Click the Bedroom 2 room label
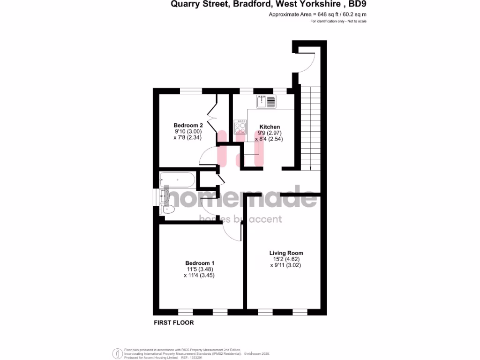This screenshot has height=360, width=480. tap(188, 125)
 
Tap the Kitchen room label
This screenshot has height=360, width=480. tap(270, 127)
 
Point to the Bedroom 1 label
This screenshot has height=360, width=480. tap(200, 263)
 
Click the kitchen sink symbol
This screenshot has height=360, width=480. tap(266, 101)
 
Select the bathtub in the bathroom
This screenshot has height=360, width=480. tap(177, 180)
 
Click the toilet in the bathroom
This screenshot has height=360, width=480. tap(166, 209)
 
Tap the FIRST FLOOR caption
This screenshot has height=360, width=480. tap(174, 322)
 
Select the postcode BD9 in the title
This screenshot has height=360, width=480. tap(357, 5)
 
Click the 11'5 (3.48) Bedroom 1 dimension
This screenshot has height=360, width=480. tap(200, 270)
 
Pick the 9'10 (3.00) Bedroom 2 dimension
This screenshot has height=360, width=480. tap(188, 132)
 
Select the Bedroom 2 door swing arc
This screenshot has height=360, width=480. tap(206, 157)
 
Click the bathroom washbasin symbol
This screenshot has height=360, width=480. tap(164, 196)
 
